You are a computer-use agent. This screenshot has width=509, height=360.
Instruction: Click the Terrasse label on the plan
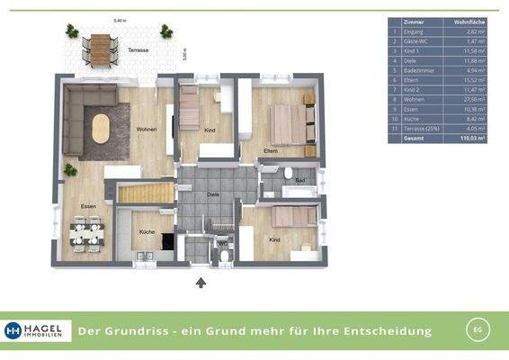tap(138, 51)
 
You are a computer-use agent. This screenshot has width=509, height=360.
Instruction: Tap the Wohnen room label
tap(147, 130)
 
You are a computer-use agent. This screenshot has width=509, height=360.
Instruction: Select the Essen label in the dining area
tap(88, 206)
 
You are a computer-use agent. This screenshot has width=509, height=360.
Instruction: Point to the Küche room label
tap(147, 232)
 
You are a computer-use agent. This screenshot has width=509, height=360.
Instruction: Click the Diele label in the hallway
tap(213, 193)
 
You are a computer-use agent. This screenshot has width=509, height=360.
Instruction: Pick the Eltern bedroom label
tap(270, 149)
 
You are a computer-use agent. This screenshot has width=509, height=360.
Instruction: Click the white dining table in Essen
tap(87, 235)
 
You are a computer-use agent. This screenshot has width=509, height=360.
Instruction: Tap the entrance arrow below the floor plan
tap(201, 283)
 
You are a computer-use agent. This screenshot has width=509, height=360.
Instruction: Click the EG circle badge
tap(479, 330)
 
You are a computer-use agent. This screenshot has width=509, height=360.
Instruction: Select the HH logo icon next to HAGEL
tap(13, 330)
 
